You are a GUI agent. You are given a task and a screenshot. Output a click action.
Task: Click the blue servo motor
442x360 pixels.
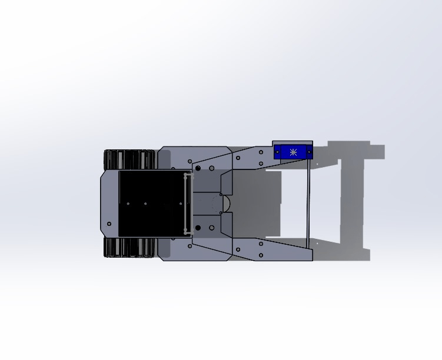point(293,152)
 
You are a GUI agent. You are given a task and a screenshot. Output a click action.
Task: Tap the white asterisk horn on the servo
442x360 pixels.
point(293,152)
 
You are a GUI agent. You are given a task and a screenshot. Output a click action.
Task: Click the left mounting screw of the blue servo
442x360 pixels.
point(278,152)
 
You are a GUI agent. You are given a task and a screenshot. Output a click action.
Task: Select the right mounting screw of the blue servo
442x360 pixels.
point(308,152)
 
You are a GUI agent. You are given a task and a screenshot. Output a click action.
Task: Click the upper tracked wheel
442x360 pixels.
point(129,159)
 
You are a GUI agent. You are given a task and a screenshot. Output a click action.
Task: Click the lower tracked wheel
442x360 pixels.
point(129,247)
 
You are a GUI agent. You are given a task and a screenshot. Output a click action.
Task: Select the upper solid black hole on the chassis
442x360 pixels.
point(198,169)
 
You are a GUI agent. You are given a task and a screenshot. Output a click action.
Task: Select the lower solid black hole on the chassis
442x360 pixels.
point(198,228)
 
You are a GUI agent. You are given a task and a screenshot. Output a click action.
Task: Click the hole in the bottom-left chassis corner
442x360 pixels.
point(109,224)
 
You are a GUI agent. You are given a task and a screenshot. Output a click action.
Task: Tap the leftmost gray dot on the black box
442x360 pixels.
point(128,204)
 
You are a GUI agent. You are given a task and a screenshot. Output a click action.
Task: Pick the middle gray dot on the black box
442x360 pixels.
point(145,204)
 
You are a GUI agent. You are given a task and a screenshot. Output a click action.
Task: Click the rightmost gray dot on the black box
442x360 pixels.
point(181,204)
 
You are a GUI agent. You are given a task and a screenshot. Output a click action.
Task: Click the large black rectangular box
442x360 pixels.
point(152,204)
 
